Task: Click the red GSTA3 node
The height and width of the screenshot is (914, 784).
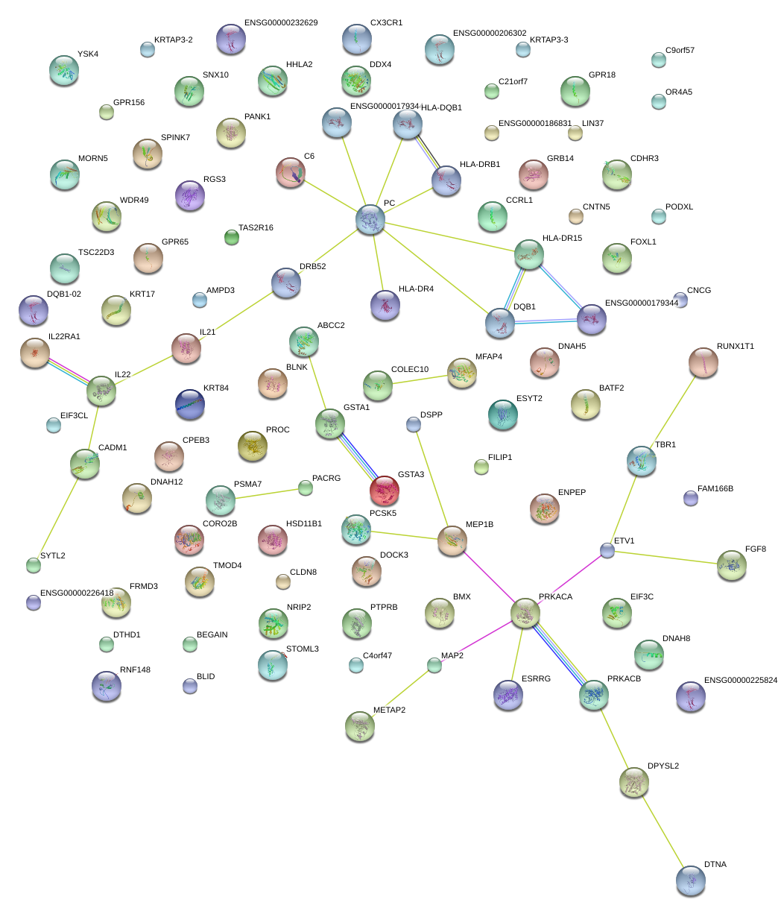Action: [x=384, y=491]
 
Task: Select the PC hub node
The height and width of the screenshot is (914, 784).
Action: [x=370, y=218]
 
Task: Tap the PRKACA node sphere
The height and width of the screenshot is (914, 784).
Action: [x=525, y=613]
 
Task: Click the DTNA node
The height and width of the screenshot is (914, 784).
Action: [x=691, y=880]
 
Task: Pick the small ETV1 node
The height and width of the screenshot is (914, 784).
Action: [x=607, y=550]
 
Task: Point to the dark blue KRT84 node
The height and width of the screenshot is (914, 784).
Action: [x=189, y=403]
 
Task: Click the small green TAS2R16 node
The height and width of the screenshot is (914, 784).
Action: [x=232, y=238]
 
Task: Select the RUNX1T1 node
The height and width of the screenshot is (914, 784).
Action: [x=704, y=362]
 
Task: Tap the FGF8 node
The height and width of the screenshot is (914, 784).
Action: [x=731, y=565]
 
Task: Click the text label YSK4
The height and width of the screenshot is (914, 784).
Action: [x=88, y=54]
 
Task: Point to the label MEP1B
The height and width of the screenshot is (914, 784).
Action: [x=480, y=525]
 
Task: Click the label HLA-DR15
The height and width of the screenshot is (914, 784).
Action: [x=562, y=238]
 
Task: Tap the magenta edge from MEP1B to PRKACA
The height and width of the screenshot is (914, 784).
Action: [x=488, y=576]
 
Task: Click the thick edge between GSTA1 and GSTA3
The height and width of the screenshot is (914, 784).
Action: [x=357, y=457]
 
